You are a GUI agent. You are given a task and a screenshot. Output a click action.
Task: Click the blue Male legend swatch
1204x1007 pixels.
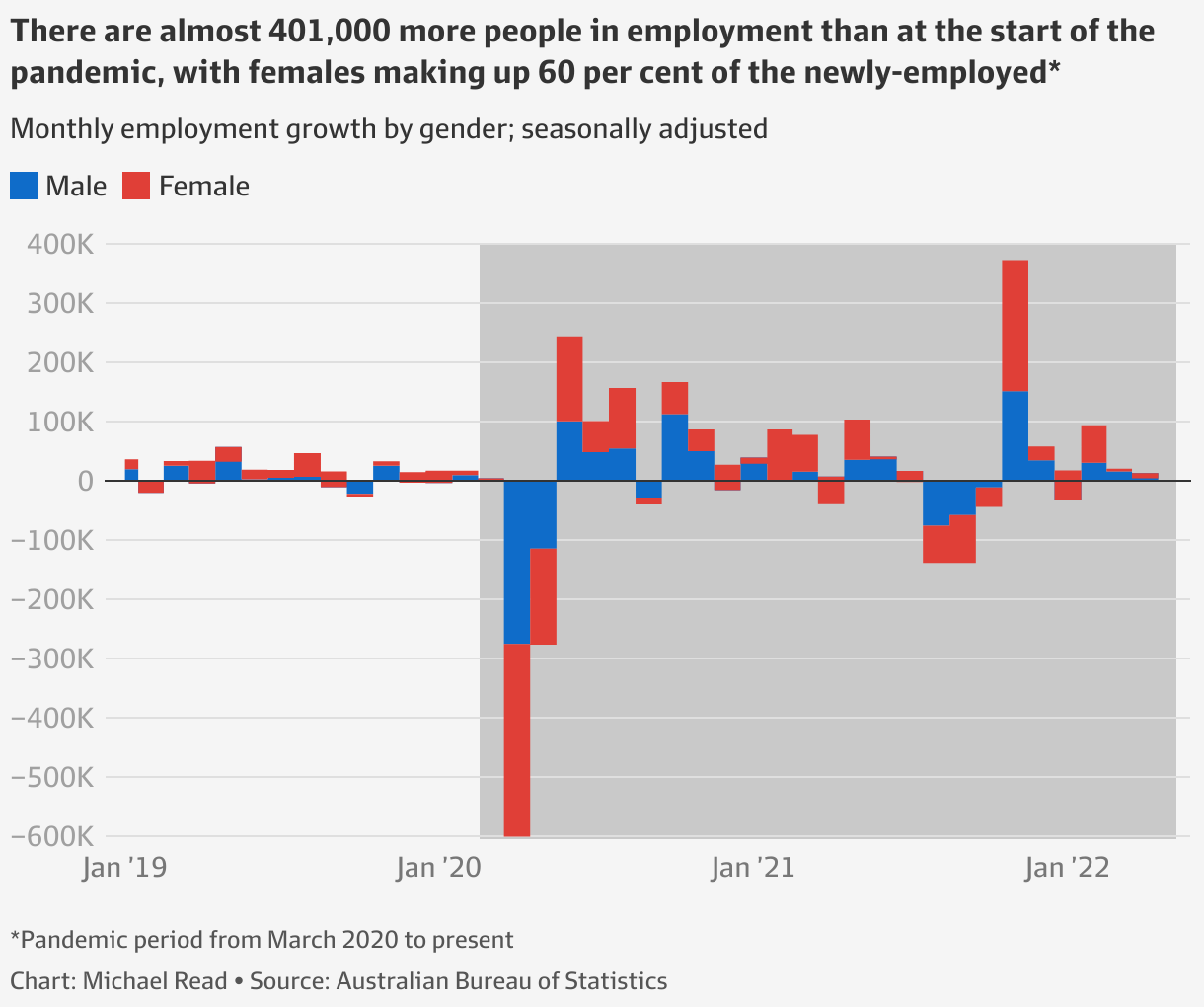(x=24, y=186)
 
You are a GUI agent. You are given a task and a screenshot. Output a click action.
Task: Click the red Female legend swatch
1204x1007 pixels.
(x=136, y=186)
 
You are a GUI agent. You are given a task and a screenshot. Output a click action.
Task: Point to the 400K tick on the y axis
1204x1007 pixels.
(x=54, y=244)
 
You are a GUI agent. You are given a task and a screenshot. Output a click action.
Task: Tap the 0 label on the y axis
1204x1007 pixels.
(x=85, y=481)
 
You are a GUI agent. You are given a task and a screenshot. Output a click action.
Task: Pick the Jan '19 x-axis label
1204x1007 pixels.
(x=124, y=868)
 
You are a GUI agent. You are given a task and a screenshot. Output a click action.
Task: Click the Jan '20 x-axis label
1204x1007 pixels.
(x=437, y=868)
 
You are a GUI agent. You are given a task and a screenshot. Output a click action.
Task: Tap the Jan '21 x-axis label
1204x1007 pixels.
(x=751, y=868)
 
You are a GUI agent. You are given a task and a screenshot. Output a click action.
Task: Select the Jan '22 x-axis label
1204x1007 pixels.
(x=1066, y=868)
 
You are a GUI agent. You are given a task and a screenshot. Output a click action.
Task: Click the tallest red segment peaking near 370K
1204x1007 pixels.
(x=1015, y=326)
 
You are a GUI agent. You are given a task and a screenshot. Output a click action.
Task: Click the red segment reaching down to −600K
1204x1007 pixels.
(x=517, y=739)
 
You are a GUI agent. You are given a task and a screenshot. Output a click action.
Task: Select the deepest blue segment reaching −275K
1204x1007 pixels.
(x=517, y=562)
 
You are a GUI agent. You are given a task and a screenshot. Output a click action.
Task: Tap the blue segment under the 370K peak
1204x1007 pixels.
(x=1015, y=435)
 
